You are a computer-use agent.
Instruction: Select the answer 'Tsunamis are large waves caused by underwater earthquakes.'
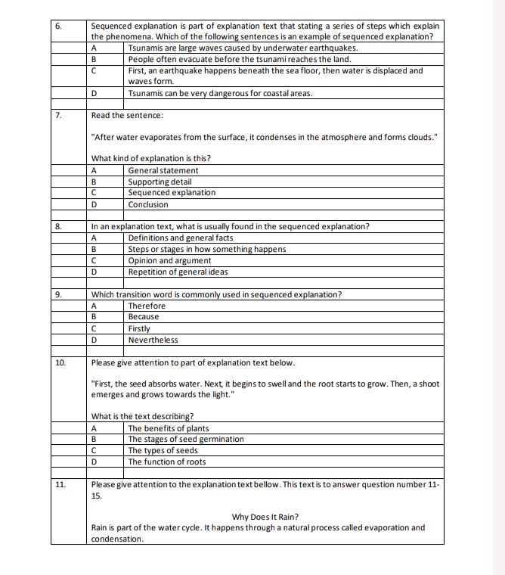click(x=243, y=48)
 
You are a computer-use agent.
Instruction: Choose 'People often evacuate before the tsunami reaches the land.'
click(x=239, y=59)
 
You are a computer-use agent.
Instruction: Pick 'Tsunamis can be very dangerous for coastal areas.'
click(x=220, y=93)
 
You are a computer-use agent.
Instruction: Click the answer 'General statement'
click(x=163, y=170)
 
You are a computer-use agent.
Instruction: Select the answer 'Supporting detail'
click(x=160, y=182)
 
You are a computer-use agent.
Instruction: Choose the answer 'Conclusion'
click(x=148, y=204)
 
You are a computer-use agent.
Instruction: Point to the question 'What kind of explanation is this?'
click(x=150, y=158)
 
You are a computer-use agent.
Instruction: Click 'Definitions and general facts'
click(x=180, y=238)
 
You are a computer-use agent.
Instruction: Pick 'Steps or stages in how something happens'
click(x=206, y=249)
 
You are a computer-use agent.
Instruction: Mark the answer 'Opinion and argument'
click(x=169, y=260)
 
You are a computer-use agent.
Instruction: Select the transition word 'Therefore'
click(x=147, y=306)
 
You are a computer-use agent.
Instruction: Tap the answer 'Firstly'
click(x=139, y=328)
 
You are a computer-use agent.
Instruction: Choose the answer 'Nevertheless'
click(x=153, y=340)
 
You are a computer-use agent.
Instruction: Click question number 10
click(x=60, y=363)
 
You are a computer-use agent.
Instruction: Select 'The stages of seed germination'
click(x=186, y=439)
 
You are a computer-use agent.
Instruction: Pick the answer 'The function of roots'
click(x=166, y=462)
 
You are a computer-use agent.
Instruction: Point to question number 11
click(x=60, y=484)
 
